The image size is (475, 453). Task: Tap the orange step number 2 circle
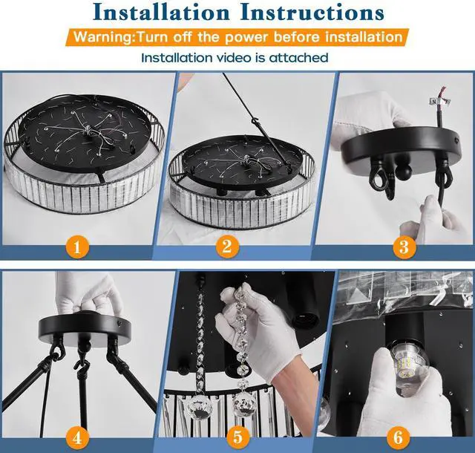pyautogui.click(x=227, y=247)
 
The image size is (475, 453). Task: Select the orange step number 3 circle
pyautogui.click(x=404, y=247)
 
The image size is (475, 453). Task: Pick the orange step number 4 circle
pyautogui.click(x=77, y=437)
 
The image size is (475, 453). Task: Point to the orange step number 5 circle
pyautogui.click(x=238, y=437)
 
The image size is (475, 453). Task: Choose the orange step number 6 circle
pyautogui.click(x=398, y=437)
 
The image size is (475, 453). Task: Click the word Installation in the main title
pyautogui.click(x=162, y=13)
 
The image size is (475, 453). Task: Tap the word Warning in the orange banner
pyautogui.click(x=102, y=37)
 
